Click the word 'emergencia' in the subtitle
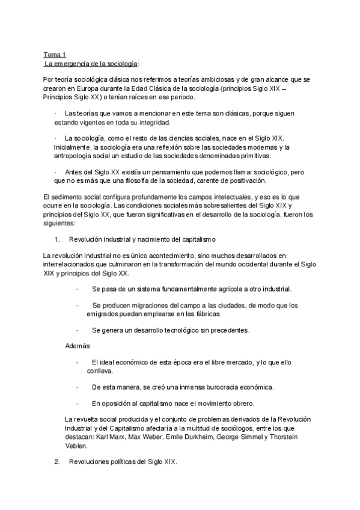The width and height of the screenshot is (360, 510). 69,63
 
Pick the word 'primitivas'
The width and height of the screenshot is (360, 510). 254,156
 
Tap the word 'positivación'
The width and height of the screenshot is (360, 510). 245,181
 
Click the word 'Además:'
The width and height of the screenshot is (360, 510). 78,346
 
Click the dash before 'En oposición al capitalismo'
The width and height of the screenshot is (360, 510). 78,404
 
